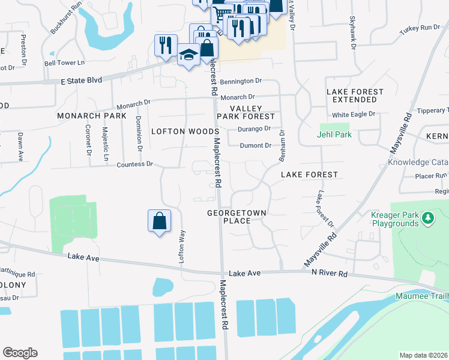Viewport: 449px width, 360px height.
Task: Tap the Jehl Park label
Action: [x=334, y=134]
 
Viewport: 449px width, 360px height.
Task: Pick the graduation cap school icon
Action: [x=188, y=55]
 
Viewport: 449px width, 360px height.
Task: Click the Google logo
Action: [x=20, y=353]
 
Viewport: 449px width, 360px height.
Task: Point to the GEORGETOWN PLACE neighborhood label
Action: [x=237, y=217]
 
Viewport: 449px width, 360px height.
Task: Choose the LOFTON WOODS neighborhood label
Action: [x=185, y=131]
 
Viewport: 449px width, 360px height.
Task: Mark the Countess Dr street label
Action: [x=135, y=164]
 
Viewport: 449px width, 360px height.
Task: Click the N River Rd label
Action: [x=329, y=272]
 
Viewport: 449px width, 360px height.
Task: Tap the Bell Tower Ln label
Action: [x=65, y=62]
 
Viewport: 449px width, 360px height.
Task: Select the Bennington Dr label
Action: [x=241, y=81]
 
